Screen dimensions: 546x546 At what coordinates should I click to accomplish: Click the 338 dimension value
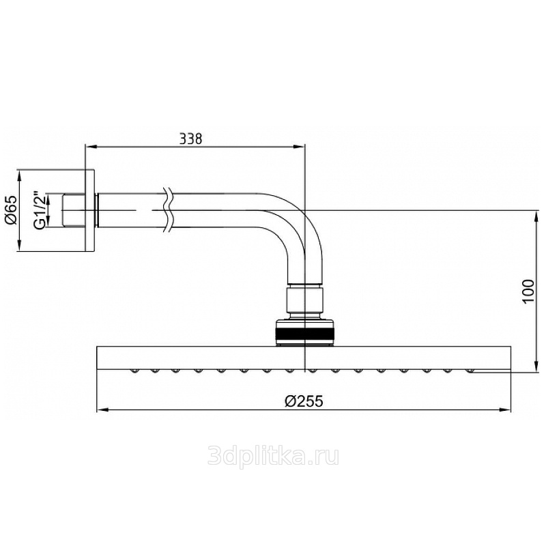coord(190,139)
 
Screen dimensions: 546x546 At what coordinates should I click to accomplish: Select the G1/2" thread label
coord(40,210)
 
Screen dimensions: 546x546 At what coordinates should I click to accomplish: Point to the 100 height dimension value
coord(528,291)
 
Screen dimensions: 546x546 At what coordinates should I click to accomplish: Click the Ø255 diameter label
coord(304,401)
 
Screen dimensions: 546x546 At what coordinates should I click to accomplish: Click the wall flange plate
coord(90,210)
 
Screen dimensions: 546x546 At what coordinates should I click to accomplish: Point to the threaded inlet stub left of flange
coord(74,210)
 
